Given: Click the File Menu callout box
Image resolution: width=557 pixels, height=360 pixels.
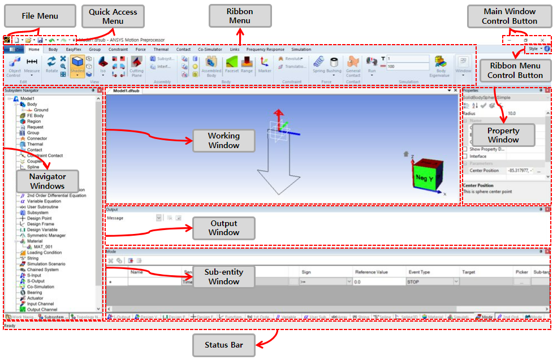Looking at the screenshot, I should [40, 16].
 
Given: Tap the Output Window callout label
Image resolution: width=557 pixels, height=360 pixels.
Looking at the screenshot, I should [224, 228].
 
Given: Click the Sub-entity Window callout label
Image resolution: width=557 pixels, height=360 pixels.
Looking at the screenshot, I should [224, 276].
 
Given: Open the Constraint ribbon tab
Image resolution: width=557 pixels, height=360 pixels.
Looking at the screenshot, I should [118, 50].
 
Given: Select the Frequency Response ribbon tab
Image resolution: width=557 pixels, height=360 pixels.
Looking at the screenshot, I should [265, 50].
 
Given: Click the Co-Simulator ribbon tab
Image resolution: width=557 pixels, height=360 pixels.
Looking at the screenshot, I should [210, 50].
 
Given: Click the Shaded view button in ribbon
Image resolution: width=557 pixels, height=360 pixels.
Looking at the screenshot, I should [77, 65].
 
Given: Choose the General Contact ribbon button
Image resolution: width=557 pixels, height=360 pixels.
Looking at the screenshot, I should [353, 66].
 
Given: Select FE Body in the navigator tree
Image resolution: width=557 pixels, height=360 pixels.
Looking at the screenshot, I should [35, 116].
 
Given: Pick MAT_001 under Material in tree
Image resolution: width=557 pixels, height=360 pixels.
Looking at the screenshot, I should [42, 247].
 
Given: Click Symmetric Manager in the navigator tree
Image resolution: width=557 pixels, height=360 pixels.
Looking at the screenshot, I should [46, 236].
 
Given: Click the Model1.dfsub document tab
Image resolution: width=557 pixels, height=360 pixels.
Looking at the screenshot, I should [127, 90].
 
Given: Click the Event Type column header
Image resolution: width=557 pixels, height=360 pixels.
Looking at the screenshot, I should [419, 272].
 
